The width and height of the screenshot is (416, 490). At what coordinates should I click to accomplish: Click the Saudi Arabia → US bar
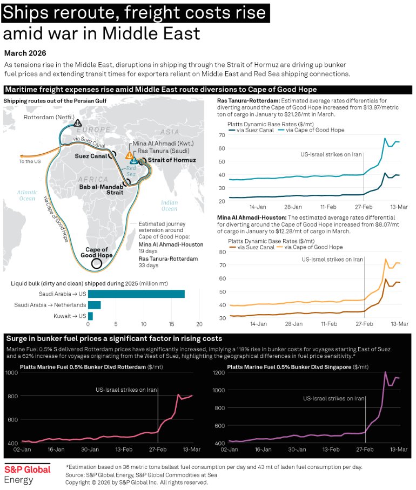136,294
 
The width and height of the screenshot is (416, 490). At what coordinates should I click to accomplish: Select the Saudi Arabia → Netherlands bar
94,305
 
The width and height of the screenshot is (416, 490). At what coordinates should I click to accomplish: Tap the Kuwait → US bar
90,316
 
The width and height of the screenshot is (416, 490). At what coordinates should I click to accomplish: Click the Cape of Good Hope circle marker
96,263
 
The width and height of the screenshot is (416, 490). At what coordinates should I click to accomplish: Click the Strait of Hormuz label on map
171,160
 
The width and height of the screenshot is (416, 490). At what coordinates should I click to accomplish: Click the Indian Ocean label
169,205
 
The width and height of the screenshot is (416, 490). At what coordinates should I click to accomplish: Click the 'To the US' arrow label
30,161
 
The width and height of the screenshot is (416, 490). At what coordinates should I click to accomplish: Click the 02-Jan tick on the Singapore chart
230,448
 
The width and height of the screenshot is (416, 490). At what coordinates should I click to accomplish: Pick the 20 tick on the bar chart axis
199,324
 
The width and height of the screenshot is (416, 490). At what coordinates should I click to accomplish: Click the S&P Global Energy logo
27,473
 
